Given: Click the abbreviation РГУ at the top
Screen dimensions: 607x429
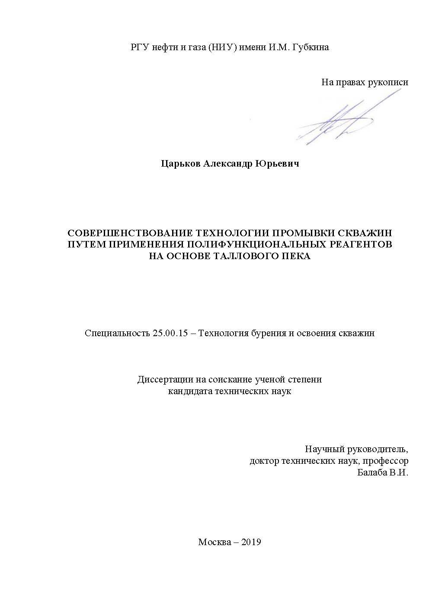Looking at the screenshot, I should click(x=140, y=47).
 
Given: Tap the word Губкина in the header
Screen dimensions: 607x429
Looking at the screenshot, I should click(x=311, y=47).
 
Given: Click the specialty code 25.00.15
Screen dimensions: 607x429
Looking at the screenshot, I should click(x=170, y=333).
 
